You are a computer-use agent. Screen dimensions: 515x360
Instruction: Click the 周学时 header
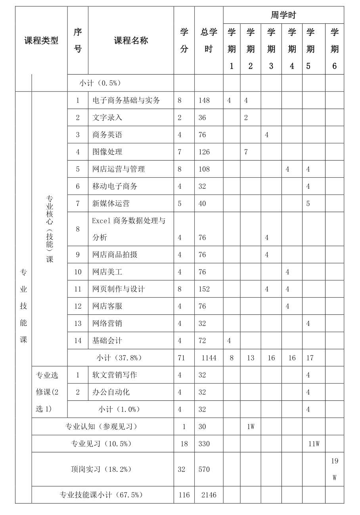(x=283, y=15)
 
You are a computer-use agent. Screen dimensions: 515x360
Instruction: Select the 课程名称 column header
(x=131, y=40)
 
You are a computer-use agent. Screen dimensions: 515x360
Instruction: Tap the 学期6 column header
(x=334, y=49)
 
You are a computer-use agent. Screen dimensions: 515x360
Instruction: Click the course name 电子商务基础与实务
(x=126, y=100)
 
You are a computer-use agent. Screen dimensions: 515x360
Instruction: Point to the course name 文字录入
(x=107, y=117)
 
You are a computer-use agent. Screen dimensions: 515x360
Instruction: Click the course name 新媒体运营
(x=111, y=203)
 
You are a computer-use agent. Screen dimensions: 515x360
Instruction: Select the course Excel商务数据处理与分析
(x=128, y=229)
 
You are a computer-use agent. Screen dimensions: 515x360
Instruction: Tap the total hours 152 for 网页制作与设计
(x=204, y=289)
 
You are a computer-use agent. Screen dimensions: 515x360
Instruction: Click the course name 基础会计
(x=107, y=341)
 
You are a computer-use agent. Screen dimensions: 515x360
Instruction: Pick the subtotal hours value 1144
(x=209, y=358)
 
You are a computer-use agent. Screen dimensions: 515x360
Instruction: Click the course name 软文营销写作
(x=115, y=375)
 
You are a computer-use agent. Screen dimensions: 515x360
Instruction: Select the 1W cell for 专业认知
(x=251, y=427)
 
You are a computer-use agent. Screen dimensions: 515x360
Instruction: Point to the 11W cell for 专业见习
(x=314, y=444)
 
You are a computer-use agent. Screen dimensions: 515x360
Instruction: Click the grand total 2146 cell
(x=209, y=495)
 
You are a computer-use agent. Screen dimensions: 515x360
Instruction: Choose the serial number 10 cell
(x=78, y=272)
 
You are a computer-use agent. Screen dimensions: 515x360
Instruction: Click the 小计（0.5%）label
(x=100, y=83)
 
